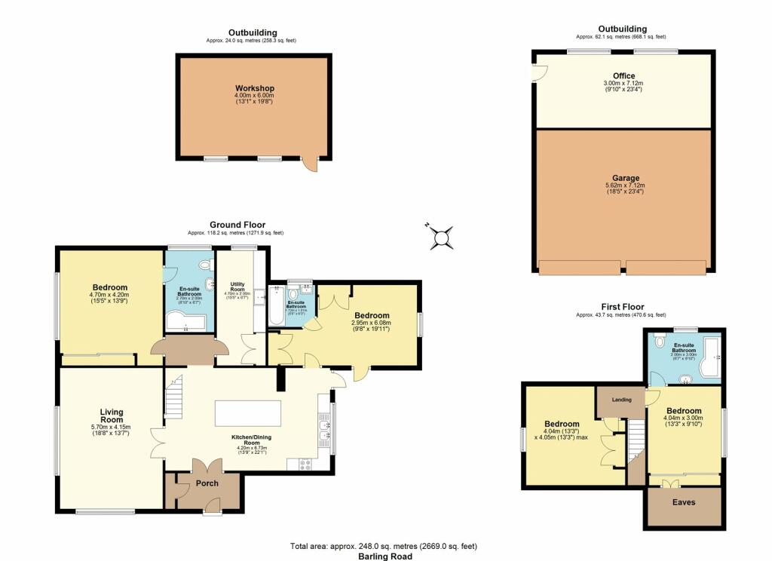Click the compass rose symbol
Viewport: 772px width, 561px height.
coord(442,237)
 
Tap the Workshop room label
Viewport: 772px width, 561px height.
coord(254,89)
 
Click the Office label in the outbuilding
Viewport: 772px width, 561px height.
coord(623,76)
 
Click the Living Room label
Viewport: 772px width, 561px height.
coord(112,415)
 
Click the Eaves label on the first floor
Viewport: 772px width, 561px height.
coord(684,502)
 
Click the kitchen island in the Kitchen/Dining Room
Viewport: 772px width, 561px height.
coord(248,414)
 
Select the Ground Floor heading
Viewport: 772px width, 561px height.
coord(237,225)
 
